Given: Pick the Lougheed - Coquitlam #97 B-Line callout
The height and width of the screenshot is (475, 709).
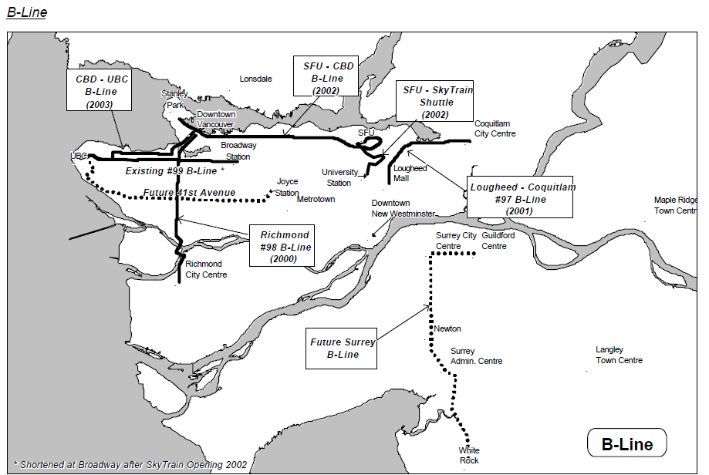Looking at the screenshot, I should (x=522, y=198).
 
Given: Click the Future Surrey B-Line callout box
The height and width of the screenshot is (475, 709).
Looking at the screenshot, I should (x=343, y=349).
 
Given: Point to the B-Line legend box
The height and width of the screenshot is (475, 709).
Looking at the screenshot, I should (x=626, y=444).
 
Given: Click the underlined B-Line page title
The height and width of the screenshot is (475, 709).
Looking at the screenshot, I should (x=26, y=12).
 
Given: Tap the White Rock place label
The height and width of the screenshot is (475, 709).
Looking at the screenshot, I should (x=468, y=455).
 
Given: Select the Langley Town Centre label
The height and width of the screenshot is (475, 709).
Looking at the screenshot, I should (x=619, y=355).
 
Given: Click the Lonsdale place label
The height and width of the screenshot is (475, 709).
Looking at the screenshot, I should (x=255, y=79).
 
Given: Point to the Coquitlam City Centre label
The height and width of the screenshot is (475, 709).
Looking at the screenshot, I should (x=495, y=128).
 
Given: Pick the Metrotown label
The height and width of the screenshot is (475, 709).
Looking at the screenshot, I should (x=316, y=199).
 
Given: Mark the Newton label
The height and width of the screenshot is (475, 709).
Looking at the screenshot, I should (x=447, y=328).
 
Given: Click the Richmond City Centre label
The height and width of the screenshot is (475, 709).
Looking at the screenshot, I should (x=206, y=269).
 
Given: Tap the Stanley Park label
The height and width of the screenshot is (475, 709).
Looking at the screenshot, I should (x=174, y=99).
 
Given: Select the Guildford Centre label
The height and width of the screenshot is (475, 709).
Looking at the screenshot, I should (x=498, y=241).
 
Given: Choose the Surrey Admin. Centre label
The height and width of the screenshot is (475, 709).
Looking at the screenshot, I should (x=476, y=355).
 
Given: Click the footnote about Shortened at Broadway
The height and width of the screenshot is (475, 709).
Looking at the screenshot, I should (x=130, y=464).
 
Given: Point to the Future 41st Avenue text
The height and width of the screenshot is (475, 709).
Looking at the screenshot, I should (x=189, y=193).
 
